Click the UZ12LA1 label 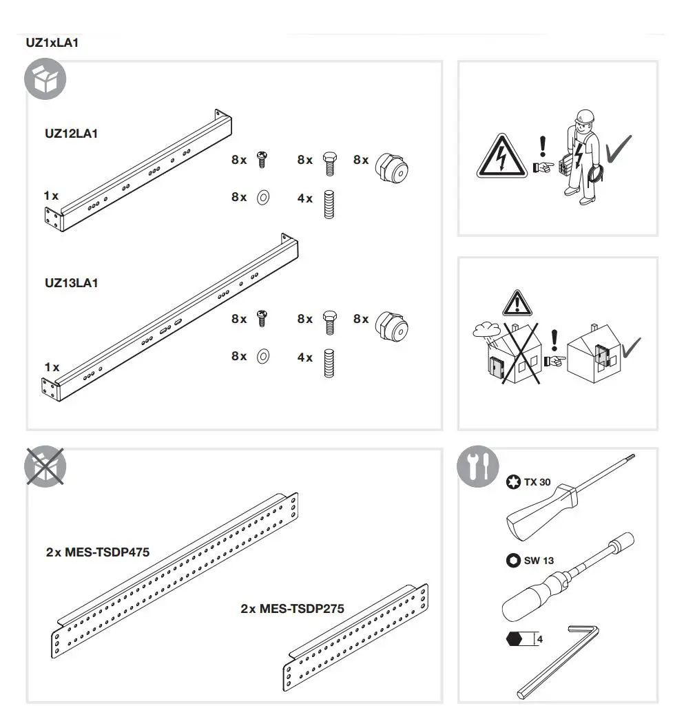71,134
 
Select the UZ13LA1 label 71,282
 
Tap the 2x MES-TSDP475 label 98,552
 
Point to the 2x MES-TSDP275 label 292,609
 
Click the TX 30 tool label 537,482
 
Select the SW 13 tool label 538,561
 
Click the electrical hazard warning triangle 500,156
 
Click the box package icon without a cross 45,80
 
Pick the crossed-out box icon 45,467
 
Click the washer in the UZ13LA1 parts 262,357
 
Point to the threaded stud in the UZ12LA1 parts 329,203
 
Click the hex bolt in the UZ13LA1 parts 329,321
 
